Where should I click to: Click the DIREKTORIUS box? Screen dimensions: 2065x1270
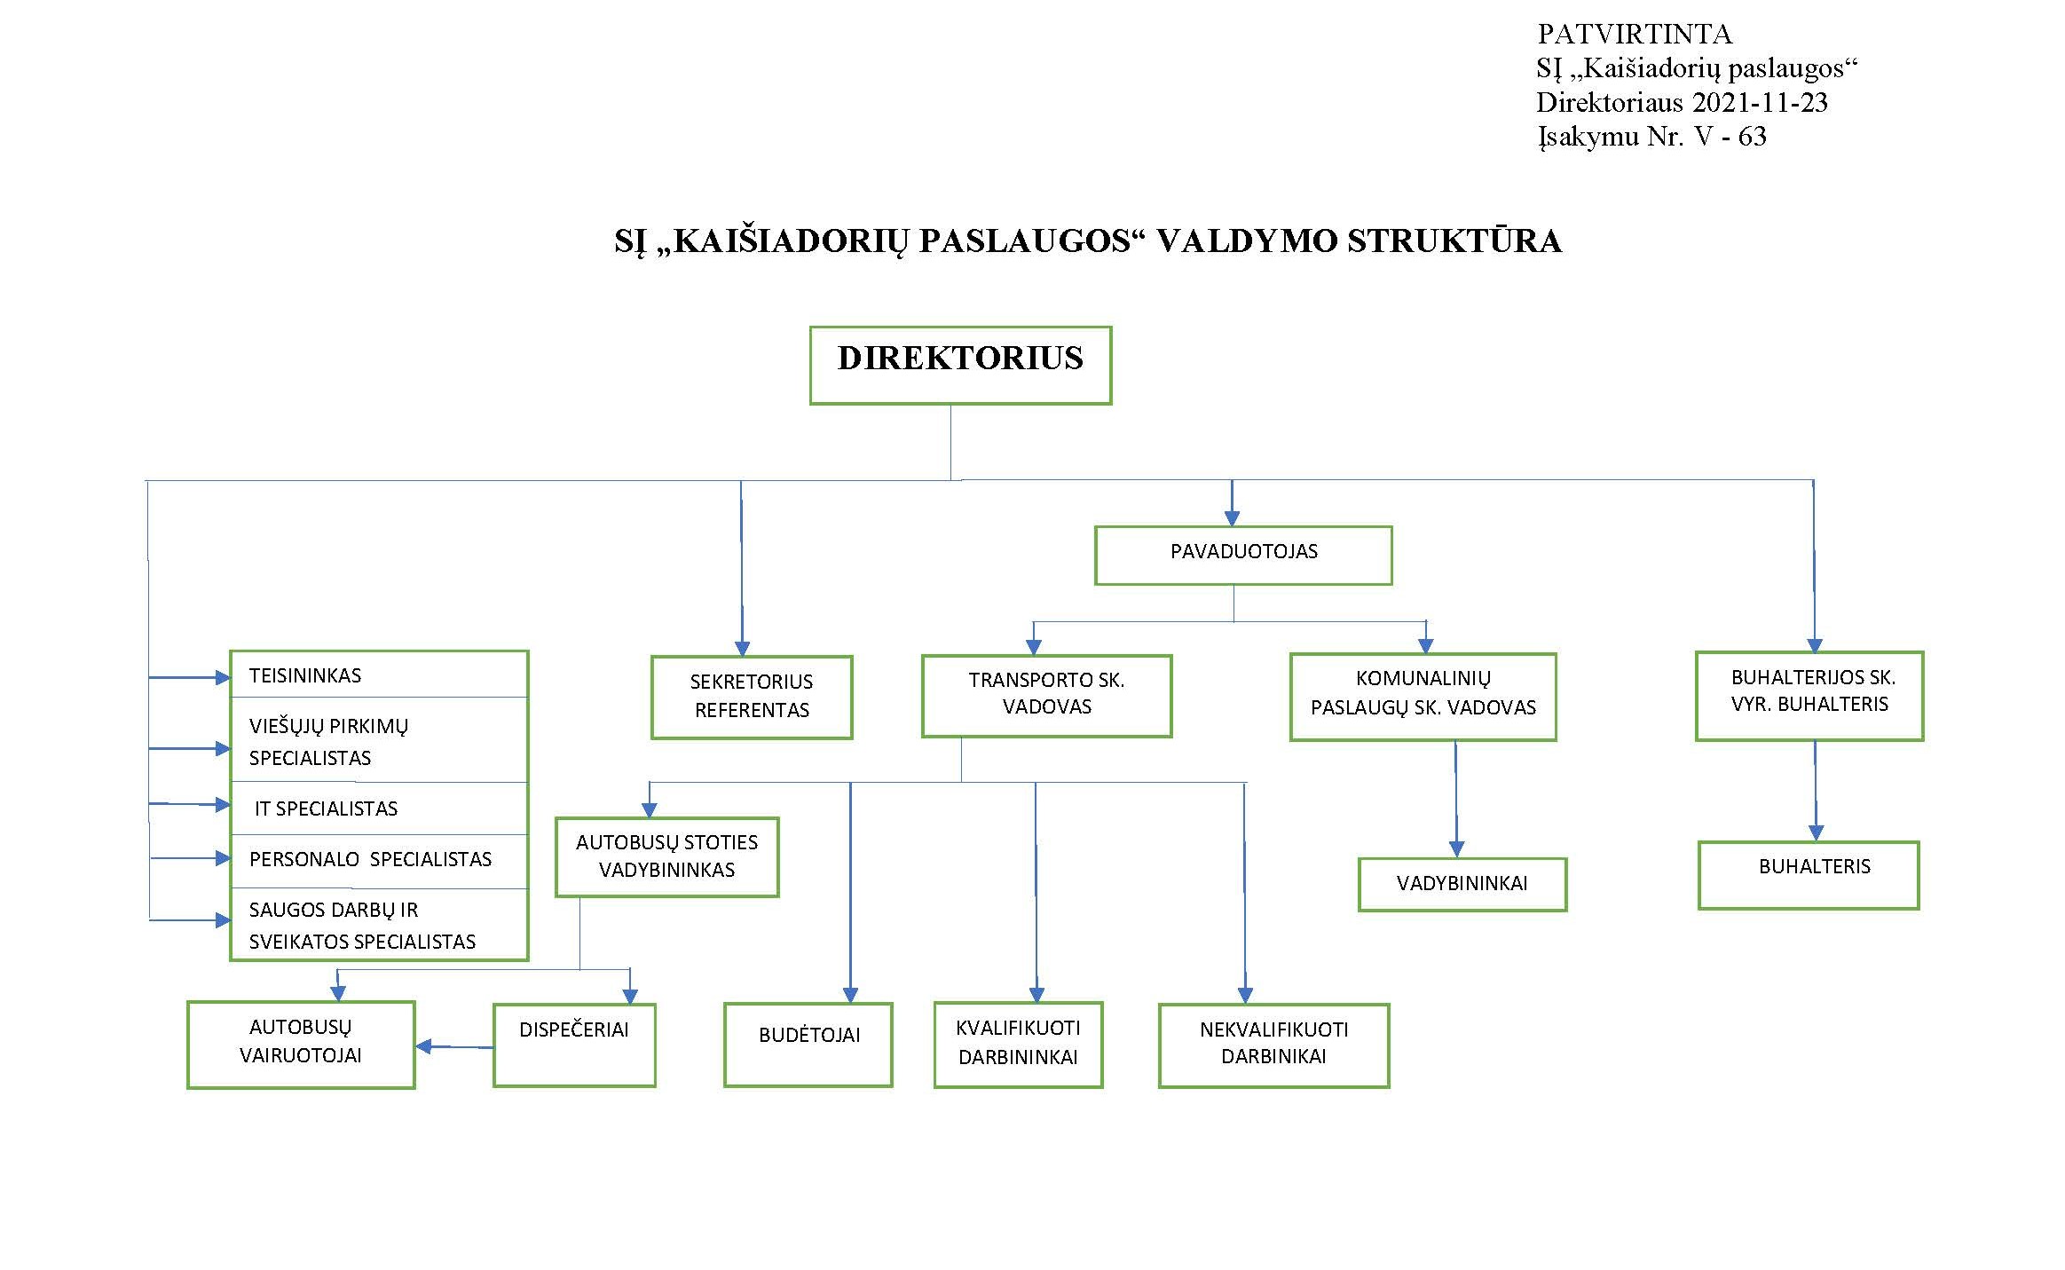pos(960,366)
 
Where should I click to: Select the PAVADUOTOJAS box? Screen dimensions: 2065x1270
pos(1243,556)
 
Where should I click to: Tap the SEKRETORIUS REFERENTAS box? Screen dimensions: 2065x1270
pos(752,697)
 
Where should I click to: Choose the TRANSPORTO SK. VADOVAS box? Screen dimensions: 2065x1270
pos(1047,696)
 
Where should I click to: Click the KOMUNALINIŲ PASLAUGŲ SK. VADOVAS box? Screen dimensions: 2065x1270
pos(1423,697)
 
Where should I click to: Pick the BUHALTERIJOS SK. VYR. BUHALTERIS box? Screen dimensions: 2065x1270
pos(1809,696)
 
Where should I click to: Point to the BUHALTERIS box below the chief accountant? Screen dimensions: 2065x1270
pos(1809,875)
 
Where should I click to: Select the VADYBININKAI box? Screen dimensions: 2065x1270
pos(1462,884)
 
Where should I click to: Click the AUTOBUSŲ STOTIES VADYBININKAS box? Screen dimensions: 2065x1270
pos(667,856)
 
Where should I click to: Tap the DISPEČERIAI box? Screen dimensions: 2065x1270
pos(574,1045)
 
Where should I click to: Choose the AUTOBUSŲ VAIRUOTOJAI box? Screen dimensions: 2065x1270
pos(301,1045)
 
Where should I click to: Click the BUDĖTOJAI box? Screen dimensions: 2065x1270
pos(808,1045)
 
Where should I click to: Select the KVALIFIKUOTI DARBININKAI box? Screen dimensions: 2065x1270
pos(1019,1045)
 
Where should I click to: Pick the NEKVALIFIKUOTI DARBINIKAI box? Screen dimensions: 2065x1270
pos(1274,1045)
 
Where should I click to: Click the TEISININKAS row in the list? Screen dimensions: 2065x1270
pos(379,674)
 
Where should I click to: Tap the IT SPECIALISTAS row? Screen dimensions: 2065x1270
pos(379,809)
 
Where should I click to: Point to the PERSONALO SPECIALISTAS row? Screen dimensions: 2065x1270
pos(379,861)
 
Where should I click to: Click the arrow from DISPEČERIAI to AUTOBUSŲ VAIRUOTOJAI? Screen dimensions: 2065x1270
pos(455,1047)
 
